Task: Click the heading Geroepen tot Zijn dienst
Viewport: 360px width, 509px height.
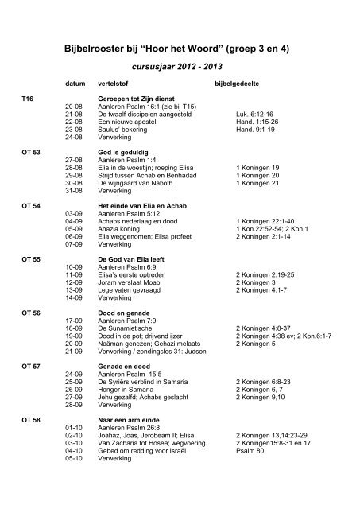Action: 135,99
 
